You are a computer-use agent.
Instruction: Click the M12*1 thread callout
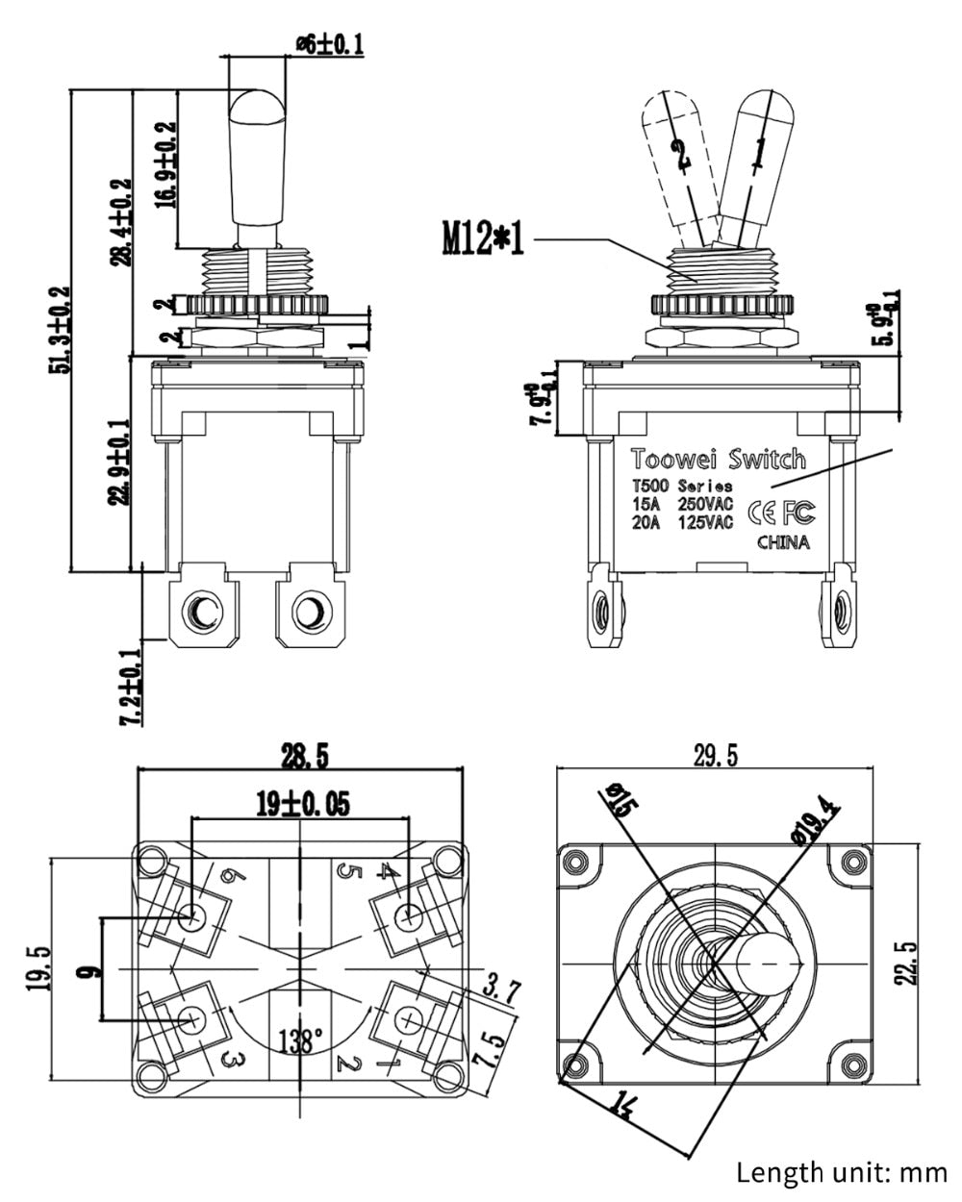(x=483, y=237)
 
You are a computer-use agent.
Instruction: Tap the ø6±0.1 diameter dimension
(x=329, y=43)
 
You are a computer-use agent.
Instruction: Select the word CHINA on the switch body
(x=783, y=542)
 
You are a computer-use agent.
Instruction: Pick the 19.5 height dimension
(x=39, y=971)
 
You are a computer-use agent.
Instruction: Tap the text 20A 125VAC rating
(x=682, y=523)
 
